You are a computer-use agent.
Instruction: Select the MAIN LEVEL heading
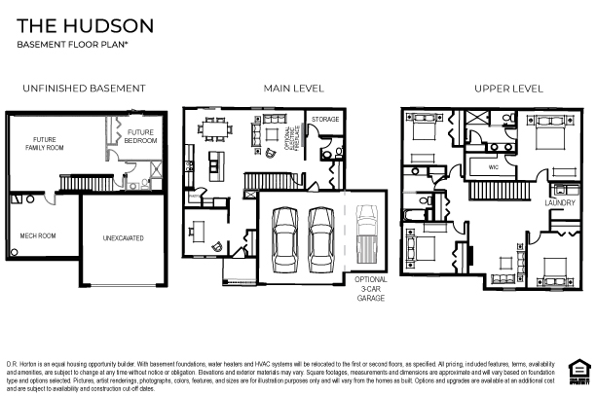point(293,89)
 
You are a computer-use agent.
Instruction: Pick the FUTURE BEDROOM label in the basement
point(140,136)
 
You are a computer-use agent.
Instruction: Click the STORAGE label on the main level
point(324,120)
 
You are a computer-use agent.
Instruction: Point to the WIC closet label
point(493,167)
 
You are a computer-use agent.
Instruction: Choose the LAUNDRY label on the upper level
point(559,203)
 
